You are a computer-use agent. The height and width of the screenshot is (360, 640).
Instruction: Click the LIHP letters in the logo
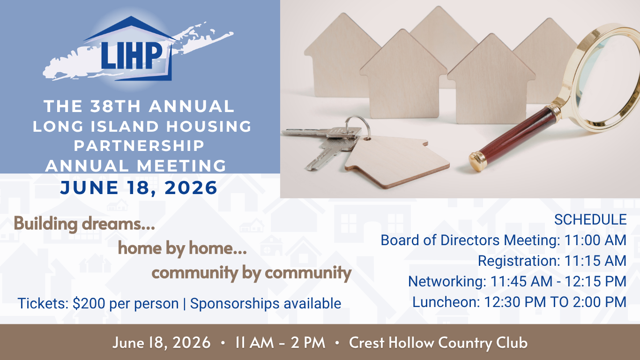click(132, 56)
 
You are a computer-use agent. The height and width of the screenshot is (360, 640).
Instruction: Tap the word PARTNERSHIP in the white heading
click(139, 145)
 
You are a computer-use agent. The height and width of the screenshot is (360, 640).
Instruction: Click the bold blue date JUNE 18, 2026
click(139, 188)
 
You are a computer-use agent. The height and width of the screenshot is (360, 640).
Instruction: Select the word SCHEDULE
click(590, 219)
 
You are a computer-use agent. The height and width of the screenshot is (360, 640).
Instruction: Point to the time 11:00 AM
click(595, 240)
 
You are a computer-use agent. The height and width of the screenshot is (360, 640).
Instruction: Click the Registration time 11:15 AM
click(595, 261)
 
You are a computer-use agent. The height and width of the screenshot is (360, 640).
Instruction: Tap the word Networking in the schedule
click(447, 282)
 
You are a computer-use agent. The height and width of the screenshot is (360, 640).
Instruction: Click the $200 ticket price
click(89, 303)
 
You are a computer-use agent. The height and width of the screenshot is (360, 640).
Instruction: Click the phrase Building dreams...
click(84, 224)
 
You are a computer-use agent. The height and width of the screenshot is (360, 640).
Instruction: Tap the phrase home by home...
click(182, 248)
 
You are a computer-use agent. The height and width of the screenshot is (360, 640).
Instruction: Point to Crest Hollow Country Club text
click(438, 343)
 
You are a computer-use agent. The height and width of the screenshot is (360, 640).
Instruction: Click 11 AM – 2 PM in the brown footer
click(280, 343)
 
